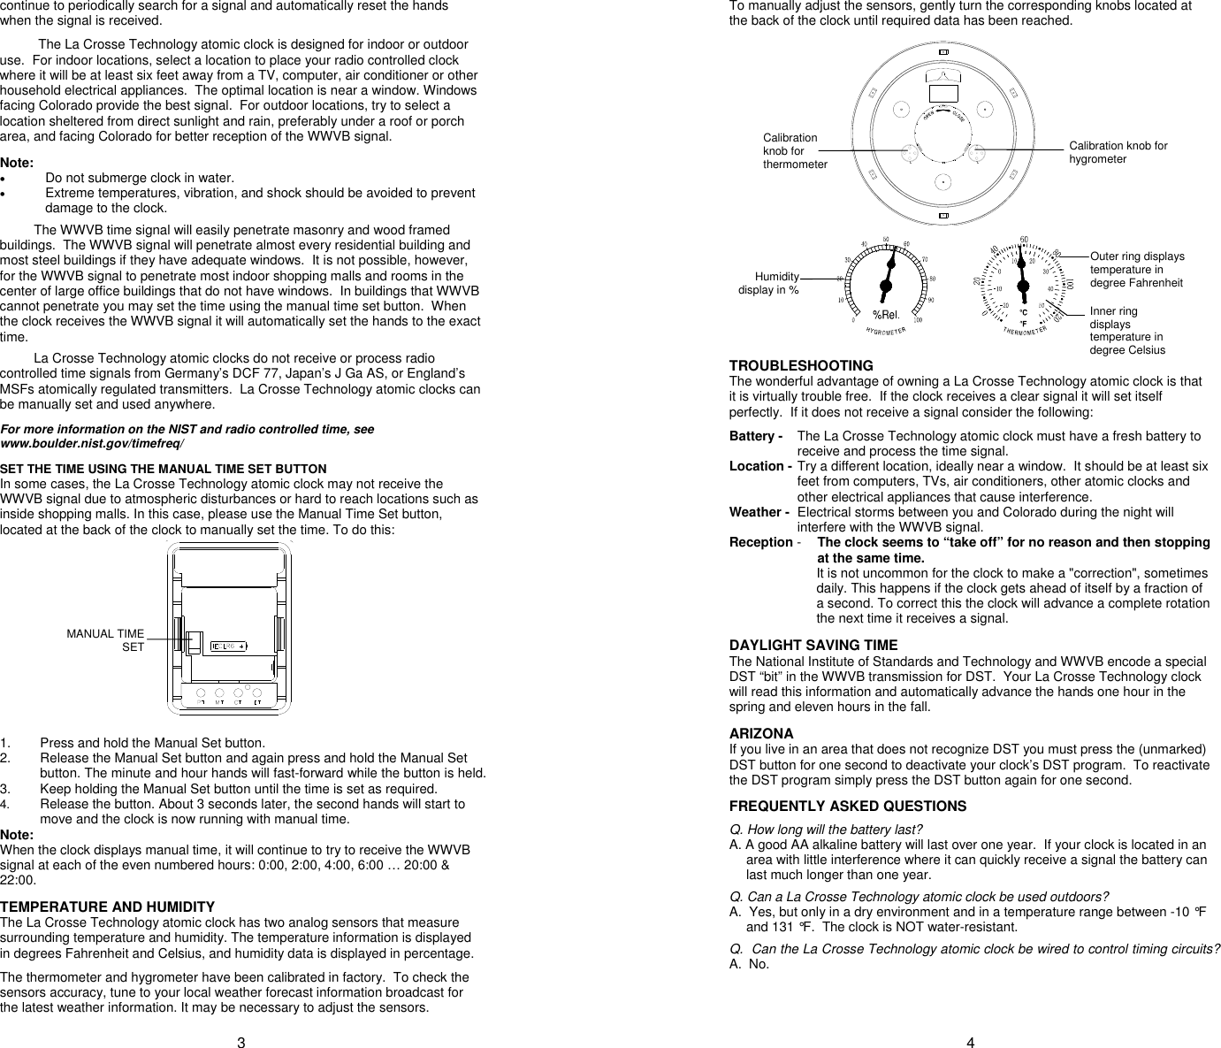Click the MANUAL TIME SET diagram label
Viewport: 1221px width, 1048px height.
click(105, 640)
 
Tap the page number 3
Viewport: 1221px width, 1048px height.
click(240, 1042)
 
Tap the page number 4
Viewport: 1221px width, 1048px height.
click(970, 1042)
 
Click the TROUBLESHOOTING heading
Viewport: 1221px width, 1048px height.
click(800, 366)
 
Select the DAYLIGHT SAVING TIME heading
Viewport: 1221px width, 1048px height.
click(813, 646)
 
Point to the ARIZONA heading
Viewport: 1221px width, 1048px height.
click(760, 734)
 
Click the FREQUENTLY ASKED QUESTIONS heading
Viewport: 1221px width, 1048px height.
click(847, 807)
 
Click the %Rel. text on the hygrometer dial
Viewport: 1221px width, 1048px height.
click(885, 315)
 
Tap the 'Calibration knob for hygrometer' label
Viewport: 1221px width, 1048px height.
click(1118, 152)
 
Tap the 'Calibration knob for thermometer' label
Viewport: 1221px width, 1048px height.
click(794, 151)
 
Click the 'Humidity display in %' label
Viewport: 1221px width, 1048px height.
click(769, 283)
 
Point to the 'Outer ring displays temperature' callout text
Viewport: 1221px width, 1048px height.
click(1136, 270)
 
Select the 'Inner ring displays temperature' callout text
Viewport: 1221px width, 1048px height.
click(1126, 331)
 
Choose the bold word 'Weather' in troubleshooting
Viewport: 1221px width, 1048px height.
click(756, 512)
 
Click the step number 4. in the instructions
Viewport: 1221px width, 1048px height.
click(6, 805)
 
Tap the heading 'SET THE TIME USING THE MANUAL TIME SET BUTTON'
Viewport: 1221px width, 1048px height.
click(164, 469)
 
